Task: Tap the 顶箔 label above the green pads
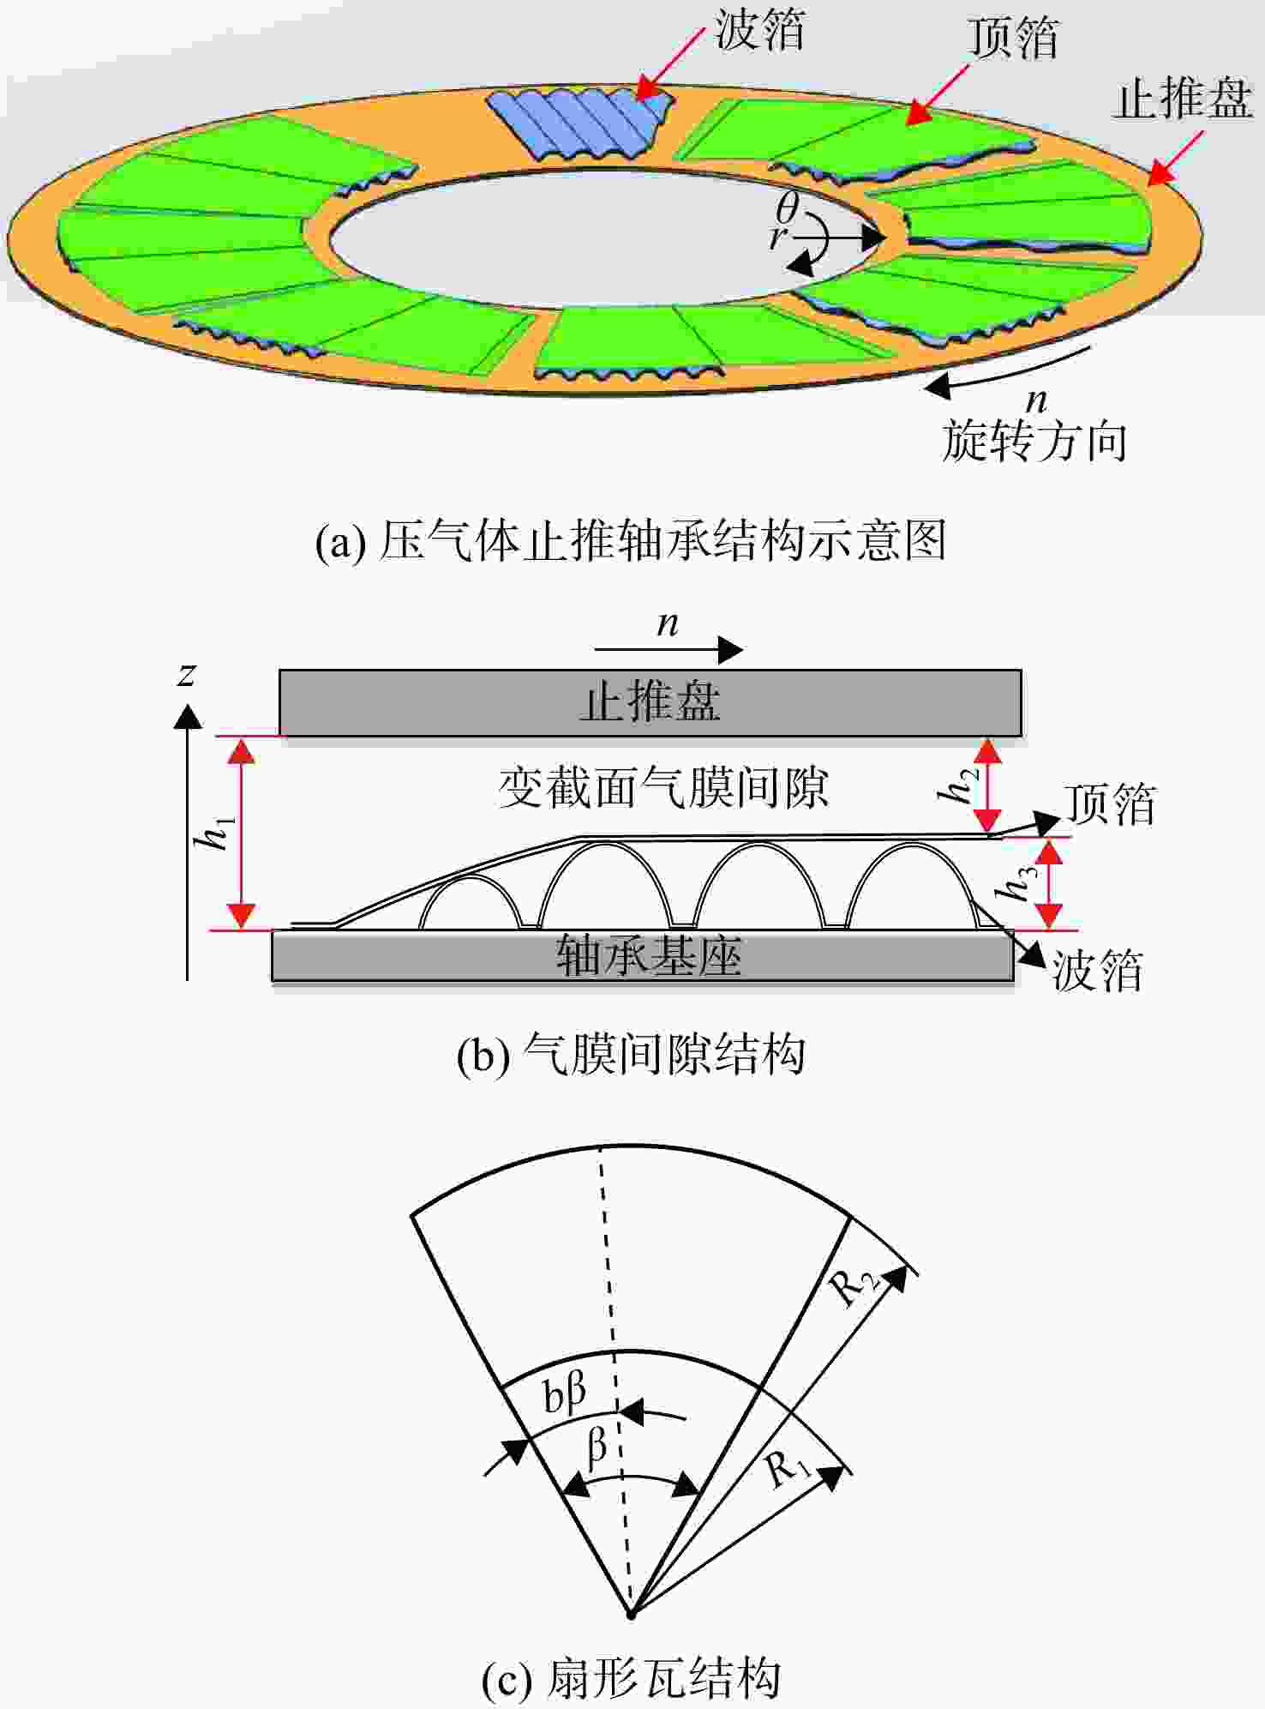[1013, 39]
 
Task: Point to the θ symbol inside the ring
[787, 208]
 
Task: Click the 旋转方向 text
[1034, 442]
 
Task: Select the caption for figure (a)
[631, 541]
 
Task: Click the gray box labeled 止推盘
[650, 702]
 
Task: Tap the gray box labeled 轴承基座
[643, 956]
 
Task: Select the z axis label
[186, 675]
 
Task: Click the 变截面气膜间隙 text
[664, 787]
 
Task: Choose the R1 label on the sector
[788, 1469]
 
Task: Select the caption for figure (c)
[631, 1678]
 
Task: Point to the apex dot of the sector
[632, 1616]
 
